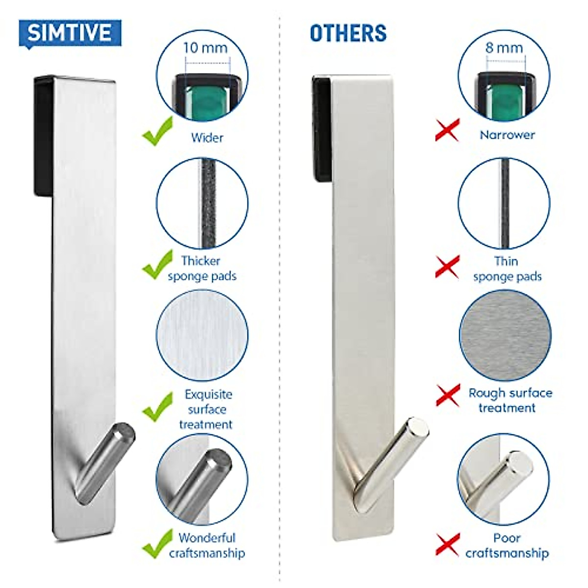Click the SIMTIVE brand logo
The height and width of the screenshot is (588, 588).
[70, 33]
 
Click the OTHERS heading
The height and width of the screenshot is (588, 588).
[348, 33]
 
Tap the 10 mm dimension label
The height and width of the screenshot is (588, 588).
[205, 48]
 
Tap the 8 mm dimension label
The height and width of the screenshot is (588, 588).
[504, 48]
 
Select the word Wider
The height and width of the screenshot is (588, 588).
[207, 138]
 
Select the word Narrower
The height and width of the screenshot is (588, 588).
[507, 135]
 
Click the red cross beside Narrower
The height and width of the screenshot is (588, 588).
[447, 130]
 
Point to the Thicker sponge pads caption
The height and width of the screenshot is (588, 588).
[201, 268]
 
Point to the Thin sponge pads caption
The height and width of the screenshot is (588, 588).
[507, 269]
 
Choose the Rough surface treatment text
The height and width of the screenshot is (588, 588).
[510, 400]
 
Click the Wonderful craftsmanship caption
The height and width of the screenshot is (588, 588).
[207, 545]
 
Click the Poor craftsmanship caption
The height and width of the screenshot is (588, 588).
[507, 545]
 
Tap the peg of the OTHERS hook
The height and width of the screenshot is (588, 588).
[392, 453]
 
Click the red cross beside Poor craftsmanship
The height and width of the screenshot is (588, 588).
[447, 544]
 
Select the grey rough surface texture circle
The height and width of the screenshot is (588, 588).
[505, 336]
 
